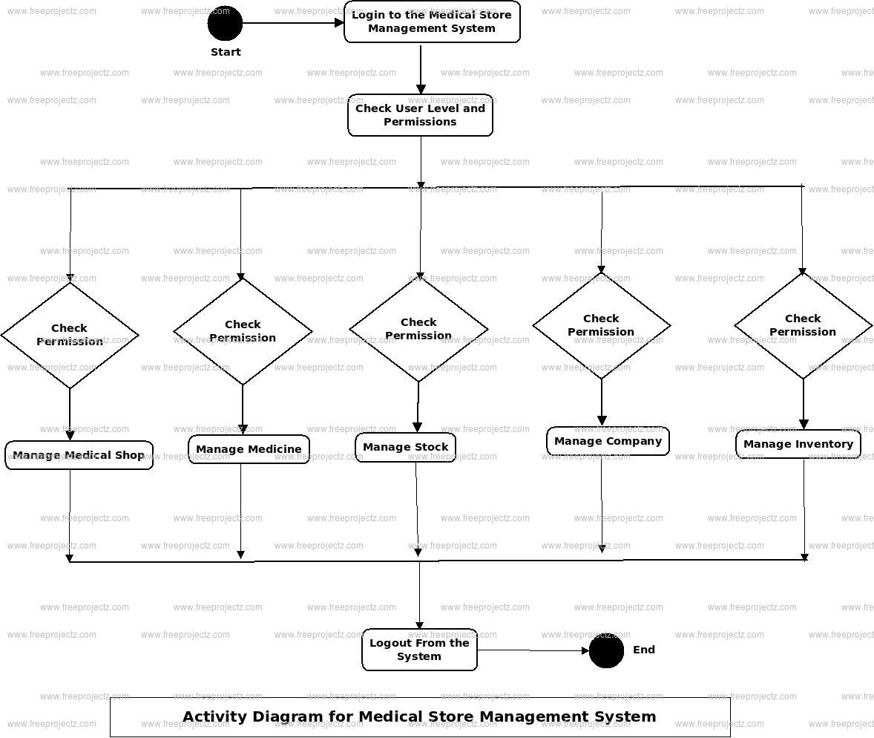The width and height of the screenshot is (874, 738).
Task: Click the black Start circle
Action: point(225,23)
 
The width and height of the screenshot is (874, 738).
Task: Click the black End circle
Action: point(606,650)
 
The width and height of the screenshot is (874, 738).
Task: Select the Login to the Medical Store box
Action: point(432,22)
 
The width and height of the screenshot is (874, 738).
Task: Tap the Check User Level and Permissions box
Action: point(420,115)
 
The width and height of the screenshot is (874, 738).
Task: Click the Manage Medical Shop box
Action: point(79,455)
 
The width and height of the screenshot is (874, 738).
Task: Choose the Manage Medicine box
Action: point(249,449)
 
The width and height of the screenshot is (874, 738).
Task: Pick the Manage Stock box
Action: point(405,447)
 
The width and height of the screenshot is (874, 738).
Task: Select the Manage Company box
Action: point(608,441)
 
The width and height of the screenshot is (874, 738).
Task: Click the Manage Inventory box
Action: point(798,444)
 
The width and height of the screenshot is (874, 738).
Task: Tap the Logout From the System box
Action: point(419,650)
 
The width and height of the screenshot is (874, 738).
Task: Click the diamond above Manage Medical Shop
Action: point(70,335)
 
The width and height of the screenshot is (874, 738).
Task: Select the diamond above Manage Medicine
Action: point(243,331)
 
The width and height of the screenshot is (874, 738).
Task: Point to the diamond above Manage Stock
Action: point(418,329)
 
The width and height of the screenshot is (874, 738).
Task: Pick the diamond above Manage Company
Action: point(601,325)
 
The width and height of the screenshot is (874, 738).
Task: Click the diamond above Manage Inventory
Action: point(803,325)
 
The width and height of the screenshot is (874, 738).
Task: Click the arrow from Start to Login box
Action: point(293,23)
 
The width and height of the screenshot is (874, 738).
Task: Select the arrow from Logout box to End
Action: point(533,650)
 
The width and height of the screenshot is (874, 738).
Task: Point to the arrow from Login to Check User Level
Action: point(421,68)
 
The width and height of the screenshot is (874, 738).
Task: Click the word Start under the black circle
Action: point(226,52)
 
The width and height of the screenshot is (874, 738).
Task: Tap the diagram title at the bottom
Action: point(419,716)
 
